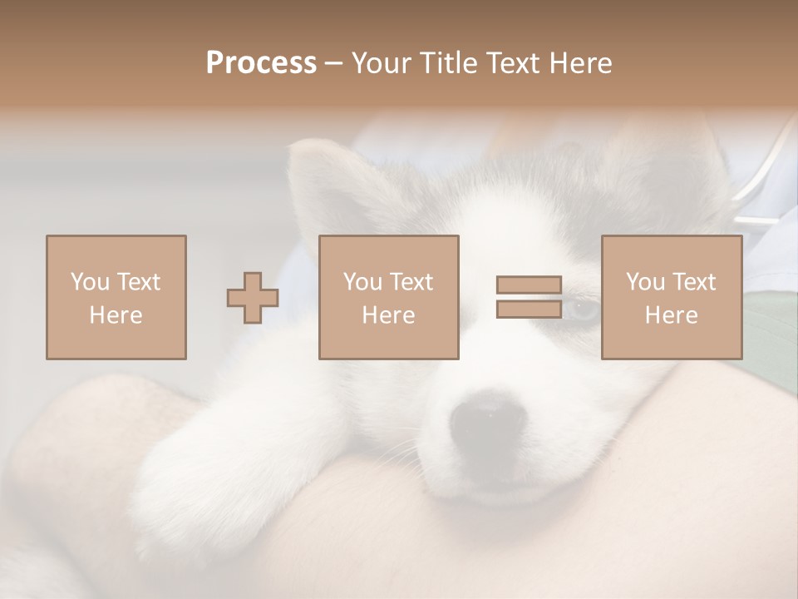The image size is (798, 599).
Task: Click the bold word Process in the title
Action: click(261, 63)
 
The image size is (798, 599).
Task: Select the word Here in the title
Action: click(579, 63)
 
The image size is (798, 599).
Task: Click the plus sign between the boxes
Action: click(253, 298)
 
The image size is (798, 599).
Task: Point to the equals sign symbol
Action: click(529, 297)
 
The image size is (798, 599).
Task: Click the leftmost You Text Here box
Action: click(116, 297)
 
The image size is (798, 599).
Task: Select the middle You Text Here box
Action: click(388, 297)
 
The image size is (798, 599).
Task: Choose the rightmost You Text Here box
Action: click(672, 297)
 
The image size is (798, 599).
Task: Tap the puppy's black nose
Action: click(485, 420)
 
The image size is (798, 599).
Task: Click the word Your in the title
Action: click(382, 63)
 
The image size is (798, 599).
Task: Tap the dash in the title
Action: click(333, 63)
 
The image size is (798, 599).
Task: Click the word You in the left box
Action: click(88, 282)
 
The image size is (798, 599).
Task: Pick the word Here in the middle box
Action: click(388, 315)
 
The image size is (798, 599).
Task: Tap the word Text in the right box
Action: click(693, 282)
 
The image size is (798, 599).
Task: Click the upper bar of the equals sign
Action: click(529, 285)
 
